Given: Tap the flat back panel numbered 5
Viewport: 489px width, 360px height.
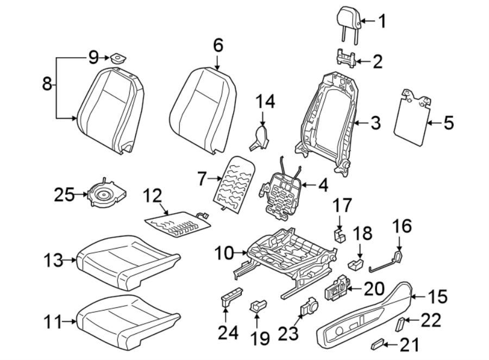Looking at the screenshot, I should pyautogui.click(x=411, y=117).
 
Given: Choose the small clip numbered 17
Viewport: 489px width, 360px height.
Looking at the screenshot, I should pyautogui.click(x=340, y=234).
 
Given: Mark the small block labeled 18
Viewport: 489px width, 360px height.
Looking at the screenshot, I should pyautogui.click(x=355, y=264).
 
